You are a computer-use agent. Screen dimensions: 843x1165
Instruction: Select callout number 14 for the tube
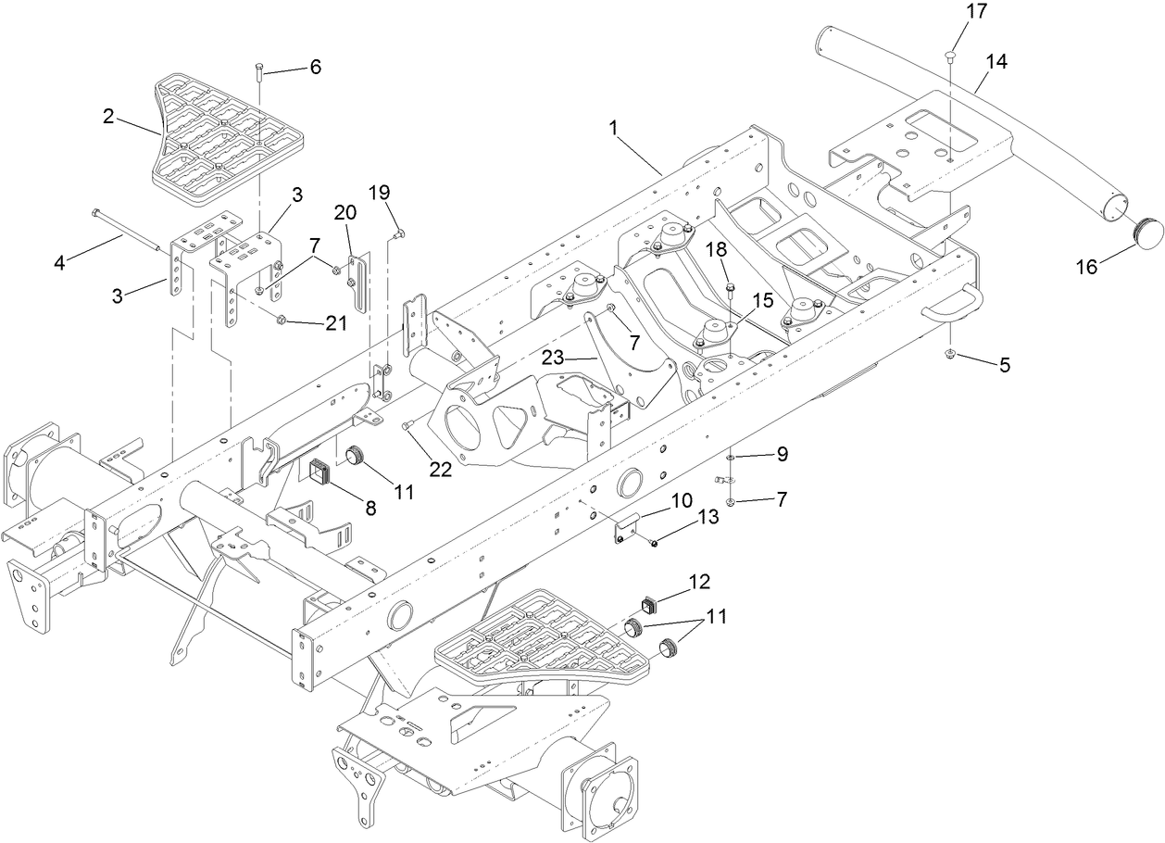(996, 62)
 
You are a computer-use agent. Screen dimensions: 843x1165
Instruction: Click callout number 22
(440, 470)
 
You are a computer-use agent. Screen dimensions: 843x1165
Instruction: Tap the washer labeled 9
(731, 457)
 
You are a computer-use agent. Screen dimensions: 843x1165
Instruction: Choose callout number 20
(344, 212)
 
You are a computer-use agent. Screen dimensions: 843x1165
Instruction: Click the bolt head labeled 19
(398, 233)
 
